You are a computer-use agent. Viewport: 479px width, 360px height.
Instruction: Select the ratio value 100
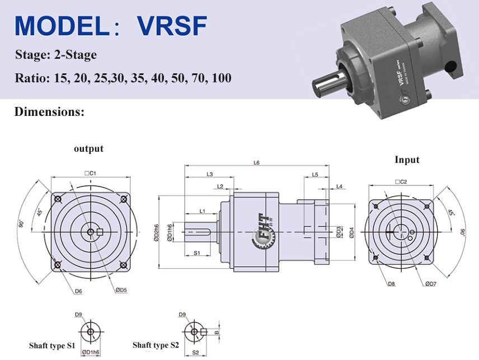click(222, 77)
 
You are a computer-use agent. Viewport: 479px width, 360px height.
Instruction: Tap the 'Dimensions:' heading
click(49, 111)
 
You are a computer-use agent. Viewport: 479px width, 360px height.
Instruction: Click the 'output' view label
click(88, 148)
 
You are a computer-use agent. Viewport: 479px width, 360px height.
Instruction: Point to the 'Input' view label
click(407, 160)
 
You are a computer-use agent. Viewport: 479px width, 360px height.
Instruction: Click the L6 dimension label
click(257, 163)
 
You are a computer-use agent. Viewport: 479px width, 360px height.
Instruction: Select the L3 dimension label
click(209, 175)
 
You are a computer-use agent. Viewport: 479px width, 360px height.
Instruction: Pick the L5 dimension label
click(315, 175)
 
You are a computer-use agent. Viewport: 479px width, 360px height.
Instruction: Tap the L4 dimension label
click(340, 186)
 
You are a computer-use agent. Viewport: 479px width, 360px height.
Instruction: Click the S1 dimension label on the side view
click(197, 253)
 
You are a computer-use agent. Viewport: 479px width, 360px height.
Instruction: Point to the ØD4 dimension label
click(351, 232)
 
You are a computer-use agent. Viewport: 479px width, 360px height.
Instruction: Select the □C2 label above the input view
click(400, 181)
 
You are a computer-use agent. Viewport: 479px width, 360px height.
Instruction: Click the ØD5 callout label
click(121, 290)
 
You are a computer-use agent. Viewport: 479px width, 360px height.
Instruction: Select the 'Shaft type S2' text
click(156, 345)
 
